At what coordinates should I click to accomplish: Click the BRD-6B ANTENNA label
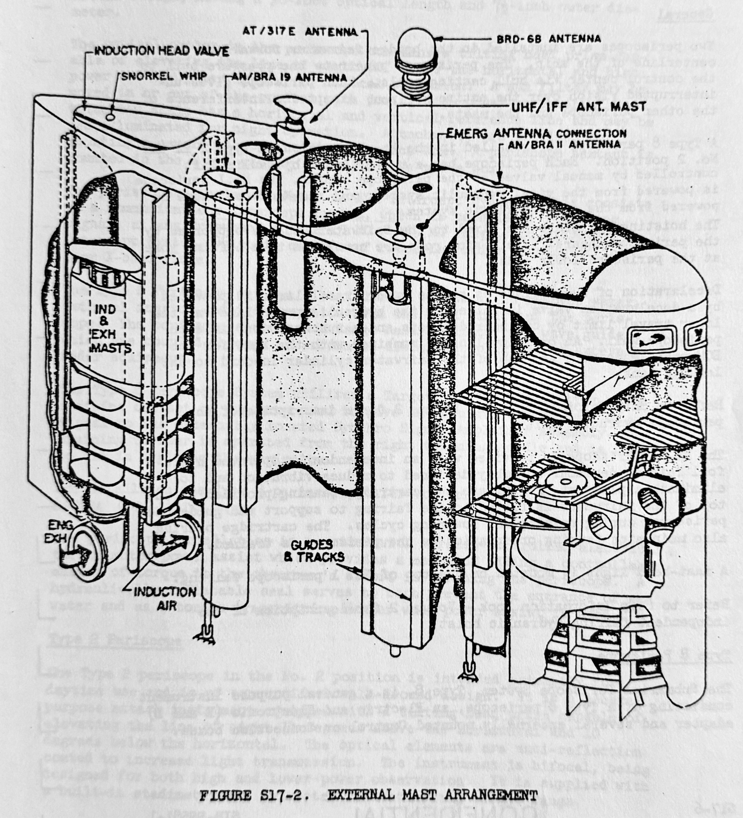pos(548,39)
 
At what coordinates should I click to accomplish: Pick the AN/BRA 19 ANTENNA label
pos(290,77)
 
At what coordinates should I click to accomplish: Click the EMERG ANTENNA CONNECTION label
pos(536,133)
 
